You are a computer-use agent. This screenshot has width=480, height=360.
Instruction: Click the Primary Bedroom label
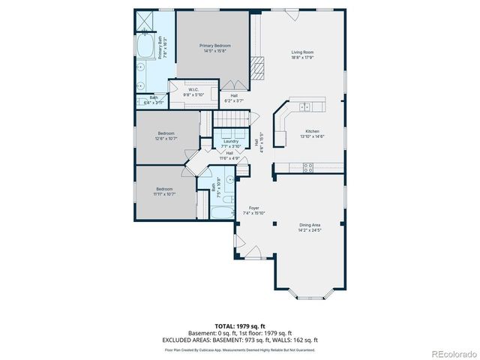coord(214,46)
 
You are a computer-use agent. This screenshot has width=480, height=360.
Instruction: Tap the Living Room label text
coord(302,52)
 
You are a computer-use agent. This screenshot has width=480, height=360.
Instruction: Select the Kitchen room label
coord(312,130)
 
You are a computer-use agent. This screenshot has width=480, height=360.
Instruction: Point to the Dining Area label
coord(310,225)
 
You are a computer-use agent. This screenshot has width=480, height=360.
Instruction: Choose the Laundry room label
coord(230,141)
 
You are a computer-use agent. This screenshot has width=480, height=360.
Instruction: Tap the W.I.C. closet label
coord(193,90)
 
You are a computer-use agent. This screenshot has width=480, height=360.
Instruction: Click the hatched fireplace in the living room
coord(257,67)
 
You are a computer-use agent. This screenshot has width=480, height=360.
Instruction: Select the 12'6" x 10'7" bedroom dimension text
coord(166,138)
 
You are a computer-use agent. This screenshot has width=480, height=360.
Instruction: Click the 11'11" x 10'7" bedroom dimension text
coord(164,193)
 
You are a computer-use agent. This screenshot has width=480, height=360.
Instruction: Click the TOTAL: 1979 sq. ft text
coord(239,326)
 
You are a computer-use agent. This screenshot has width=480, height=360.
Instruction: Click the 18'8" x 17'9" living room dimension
coord(302,57)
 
